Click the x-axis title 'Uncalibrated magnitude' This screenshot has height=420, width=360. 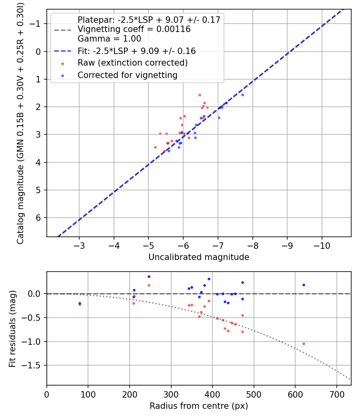199,257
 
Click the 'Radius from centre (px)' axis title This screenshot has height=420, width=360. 199,406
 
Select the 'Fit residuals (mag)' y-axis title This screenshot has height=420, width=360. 12,328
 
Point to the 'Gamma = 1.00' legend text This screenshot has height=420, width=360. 109,39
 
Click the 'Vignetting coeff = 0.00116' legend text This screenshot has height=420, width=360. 134,29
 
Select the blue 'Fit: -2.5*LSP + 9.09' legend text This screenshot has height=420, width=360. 136,51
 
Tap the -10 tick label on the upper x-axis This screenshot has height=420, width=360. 322,244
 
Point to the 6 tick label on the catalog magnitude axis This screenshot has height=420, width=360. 39,218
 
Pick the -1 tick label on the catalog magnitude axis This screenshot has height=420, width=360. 36,24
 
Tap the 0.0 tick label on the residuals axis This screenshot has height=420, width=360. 35,294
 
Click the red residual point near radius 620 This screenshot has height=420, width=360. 304,344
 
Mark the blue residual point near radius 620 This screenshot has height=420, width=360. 304,285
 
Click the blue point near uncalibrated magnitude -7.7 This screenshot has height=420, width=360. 242,95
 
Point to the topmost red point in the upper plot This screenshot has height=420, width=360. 200,95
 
